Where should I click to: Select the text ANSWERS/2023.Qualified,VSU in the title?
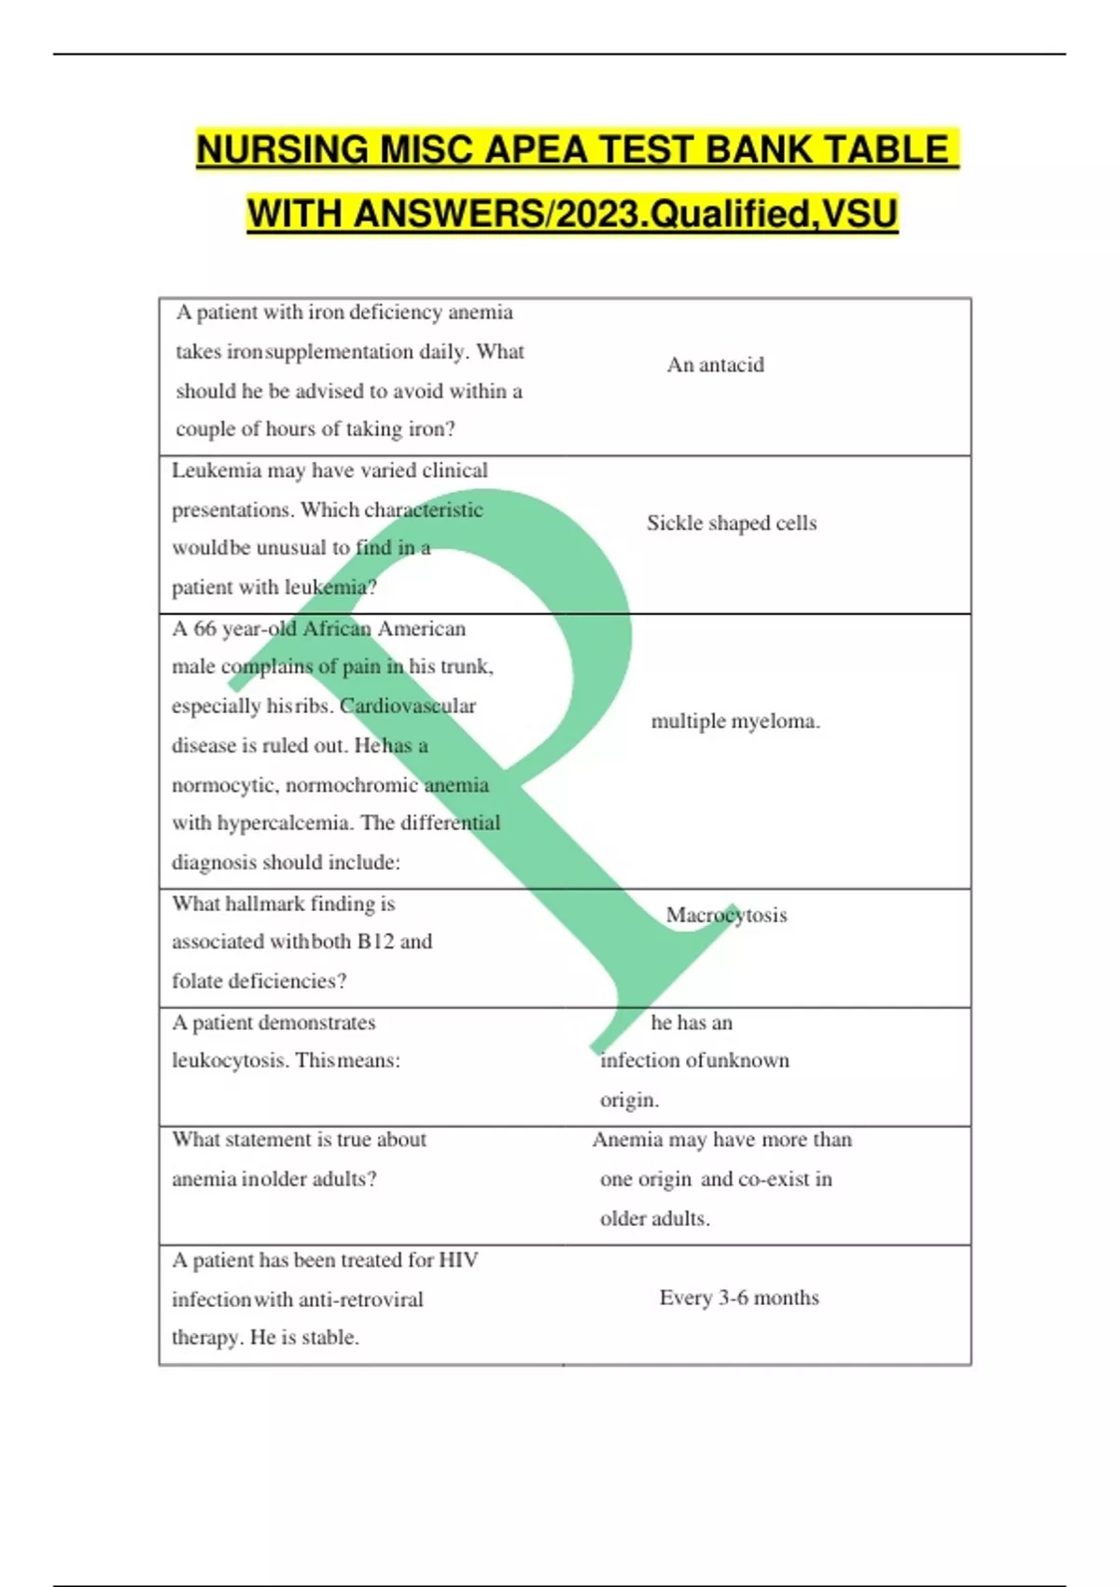coord(625,214)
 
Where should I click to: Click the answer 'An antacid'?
coord(715,365)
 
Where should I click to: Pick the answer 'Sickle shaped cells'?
coord(732,523)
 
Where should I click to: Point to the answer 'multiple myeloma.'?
coord(735,721)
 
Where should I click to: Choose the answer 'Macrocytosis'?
coord(726,915)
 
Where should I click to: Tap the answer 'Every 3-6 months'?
coord(739,1298)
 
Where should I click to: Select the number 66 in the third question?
coord(204,628)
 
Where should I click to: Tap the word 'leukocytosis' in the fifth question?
coord(228,1060)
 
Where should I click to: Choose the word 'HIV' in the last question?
coord(458,1260)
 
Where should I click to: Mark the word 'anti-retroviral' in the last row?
coord(360,1299)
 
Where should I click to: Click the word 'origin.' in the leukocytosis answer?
coord(629,1100)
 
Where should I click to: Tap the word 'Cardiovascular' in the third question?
coord(408,706)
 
